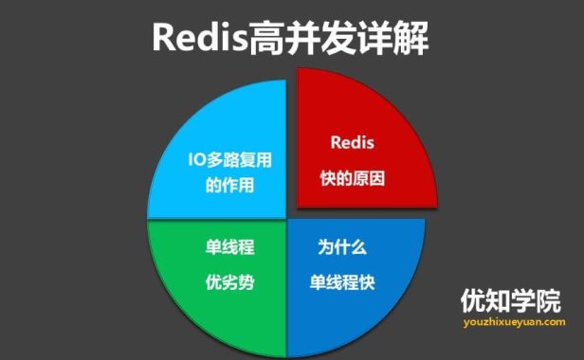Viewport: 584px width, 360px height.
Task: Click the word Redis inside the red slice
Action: (353, 144)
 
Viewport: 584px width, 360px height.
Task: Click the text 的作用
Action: (229, 185)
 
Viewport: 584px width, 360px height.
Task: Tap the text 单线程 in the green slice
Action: (229, 247)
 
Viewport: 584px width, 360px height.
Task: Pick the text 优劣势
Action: (229, 281)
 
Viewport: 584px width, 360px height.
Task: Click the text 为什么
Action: (341, 247)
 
